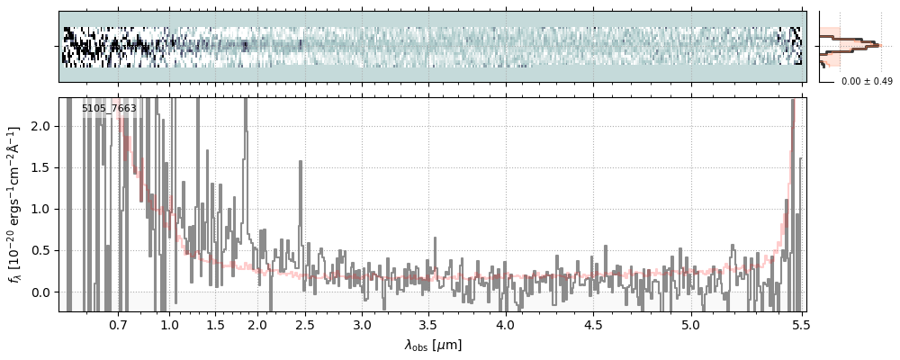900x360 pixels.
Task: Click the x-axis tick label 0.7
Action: click(118, 324)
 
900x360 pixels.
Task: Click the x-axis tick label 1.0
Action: click(169, 324)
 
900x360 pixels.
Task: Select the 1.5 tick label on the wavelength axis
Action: click(216, 324)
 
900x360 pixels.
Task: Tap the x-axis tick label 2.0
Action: click(258, 324)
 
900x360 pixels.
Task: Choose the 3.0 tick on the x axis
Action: click(362, 324)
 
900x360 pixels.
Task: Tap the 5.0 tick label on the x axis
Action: click(690, 324)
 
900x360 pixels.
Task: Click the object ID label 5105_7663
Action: click(109, 109)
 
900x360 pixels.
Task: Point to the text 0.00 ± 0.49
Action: click(865, 82)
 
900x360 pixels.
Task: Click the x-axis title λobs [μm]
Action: click(433, 345)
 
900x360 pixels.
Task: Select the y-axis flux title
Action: click(15, 205)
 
